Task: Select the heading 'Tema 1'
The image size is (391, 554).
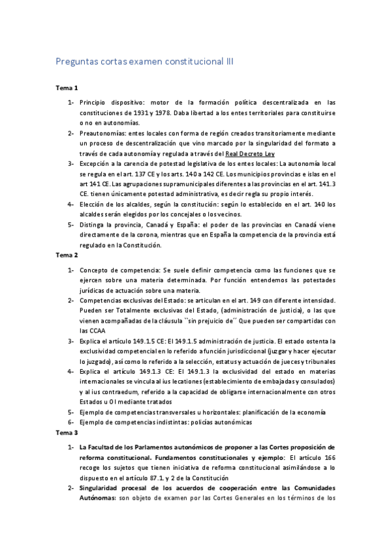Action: (x=65, y=87)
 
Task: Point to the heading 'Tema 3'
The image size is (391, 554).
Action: (x=65, y=432)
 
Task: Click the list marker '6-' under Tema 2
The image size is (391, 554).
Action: (x=71, y=422)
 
